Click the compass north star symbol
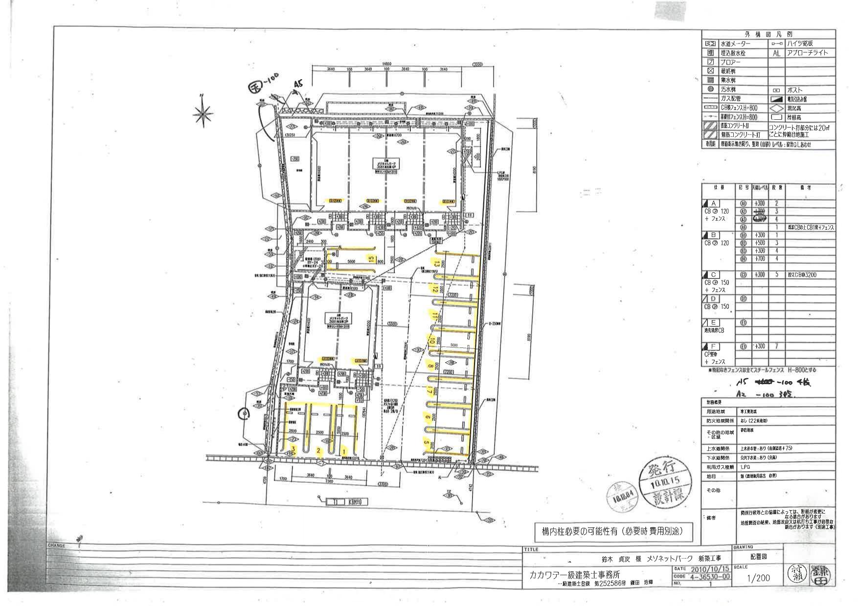click(203, 114)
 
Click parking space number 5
click(427, 443)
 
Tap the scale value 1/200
click(758, 578)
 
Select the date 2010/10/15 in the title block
click(708, 569)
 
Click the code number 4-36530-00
click(708, 576)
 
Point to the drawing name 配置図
click(758, 556)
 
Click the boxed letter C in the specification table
click(713, 275)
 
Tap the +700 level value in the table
click(759, 259)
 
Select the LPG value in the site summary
click(745, 467)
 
